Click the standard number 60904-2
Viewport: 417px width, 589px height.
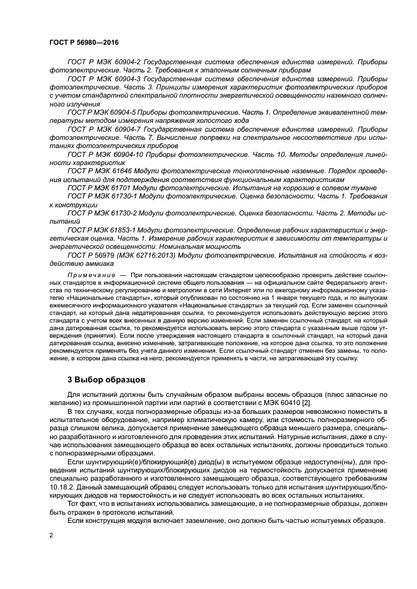(127, 62)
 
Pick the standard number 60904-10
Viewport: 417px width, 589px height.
(129, 153)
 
